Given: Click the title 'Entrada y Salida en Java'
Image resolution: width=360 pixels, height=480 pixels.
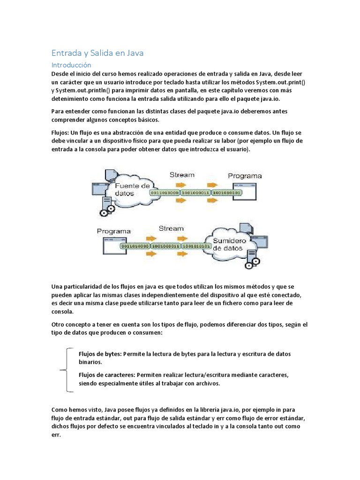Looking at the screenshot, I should pyautogui.click(x=97, y=53).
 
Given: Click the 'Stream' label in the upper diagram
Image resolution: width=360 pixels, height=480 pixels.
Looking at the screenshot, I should pyautogui.click(x=182, y=174).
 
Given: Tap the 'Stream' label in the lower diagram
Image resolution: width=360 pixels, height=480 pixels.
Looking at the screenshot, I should pyautogui.click(x=171, y=228).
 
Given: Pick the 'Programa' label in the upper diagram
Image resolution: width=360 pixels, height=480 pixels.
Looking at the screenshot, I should pyautogui.click(x=245, y=176).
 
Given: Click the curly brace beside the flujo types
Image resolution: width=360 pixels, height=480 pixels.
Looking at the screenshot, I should pyautogui.click(x=66, y=370).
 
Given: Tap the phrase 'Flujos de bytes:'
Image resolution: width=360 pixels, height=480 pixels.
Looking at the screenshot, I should pyautogui.click(x=100, y=354).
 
